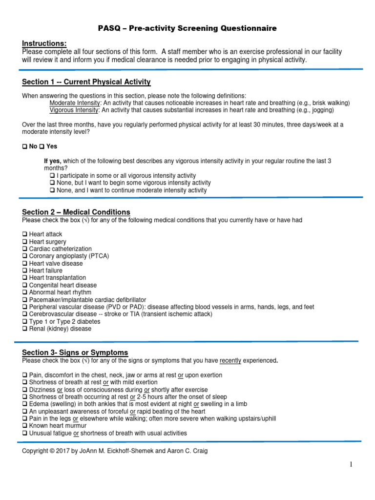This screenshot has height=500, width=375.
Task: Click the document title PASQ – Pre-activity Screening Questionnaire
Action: tap(187, 28)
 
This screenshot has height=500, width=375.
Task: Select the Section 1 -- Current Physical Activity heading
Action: tap(86, 82)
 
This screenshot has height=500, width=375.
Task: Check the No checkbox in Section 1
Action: tap(25, 146)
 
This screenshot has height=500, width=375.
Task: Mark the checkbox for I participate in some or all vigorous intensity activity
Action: tap(53, 176)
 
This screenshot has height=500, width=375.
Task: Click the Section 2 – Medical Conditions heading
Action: tap(76, 212)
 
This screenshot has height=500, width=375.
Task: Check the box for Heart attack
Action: tap(25, 234)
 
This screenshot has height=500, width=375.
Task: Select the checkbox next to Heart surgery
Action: tap(25, 242)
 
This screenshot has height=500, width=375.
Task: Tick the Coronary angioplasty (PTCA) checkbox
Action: tap(25, 256)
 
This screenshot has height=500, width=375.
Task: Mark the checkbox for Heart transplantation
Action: tap(25, 278)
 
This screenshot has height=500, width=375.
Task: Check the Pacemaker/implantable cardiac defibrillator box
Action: tap(25, 300)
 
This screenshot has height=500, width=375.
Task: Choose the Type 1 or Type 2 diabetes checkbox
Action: tap(25, 322)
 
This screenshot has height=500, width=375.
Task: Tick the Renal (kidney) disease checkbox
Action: tap(25, 329)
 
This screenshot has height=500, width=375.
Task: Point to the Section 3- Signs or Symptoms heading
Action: tap(75, 353)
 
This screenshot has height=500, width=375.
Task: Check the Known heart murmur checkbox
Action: tap(25, 426)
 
